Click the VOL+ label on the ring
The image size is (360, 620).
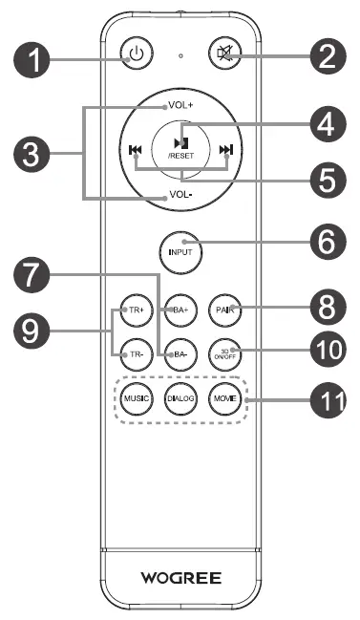click(180, 105)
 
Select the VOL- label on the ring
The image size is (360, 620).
click(180, 195)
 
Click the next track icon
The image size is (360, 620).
click(225, 149)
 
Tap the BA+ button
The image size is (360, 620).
click(179, 310)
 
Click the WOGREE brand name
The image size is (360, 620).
click(180, 577)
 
